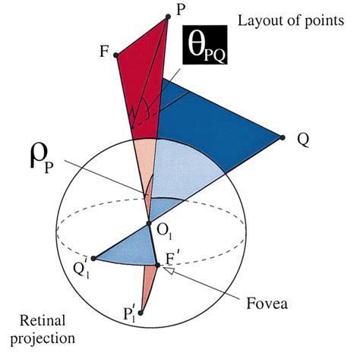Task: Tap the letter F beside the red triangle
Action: pos(103,52)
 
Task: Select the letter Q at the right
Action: pos(302,140)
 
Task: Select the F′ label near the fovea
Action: pos(172,260)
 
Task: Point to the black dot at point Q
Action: pos(283,137)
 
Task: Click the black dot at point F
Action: pos(115,55)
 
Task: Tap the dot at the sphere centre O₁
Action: pos(149,223)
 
